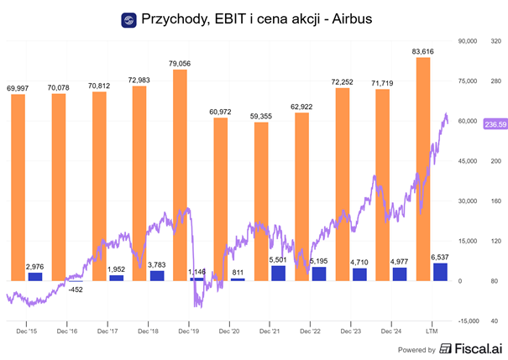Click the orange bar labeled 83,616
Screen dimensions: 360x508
[423, 168]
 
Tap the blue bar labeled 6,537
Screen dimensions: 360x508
[440, 272]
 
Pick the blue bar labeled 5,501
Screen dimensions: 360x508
[278, 273]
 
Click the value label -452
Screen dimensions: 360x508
[76, 290]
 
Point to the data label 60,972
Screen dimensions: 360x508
[221, 111]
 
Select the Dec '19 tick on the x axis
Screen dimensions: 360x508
[189, 332]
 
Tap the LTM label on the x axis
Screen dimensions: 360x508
[433, 332]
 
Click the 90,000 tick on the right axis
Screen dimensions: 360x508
[466, 40]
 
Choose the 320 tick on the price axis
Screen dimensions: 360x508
[495, 40]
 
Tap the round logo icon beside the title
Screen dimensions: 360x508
[128, 18]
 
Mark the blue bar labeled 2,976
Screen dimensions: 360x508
[34, 276]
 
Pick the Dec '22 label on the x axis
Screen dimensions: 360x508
[311, 332]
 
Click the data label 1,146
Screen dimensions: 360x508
[196, 273]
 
